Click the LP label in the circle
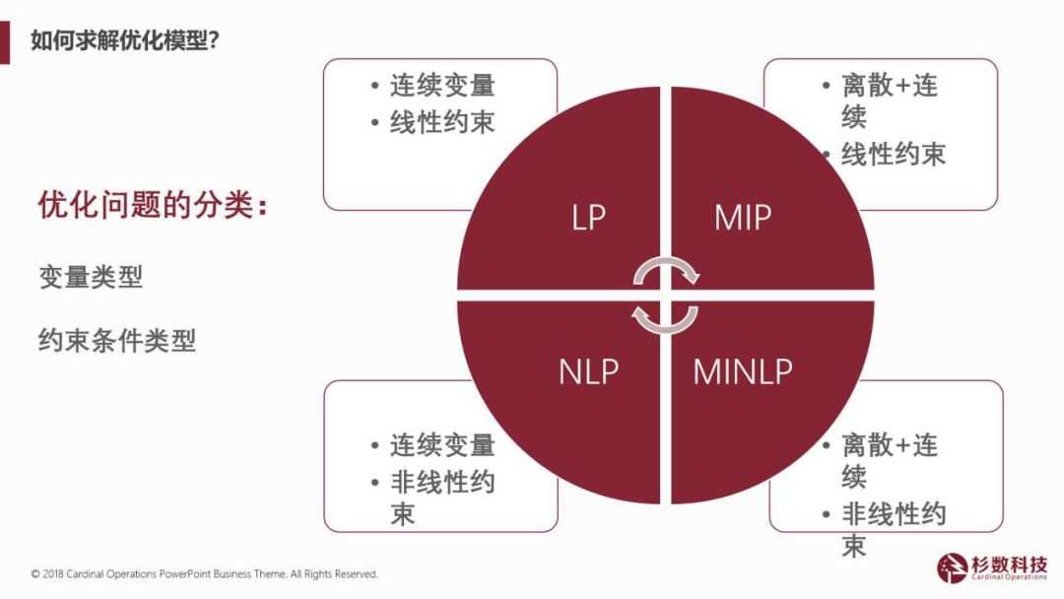click(x=588, y=218)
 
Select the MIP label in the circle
click(x=742, y=218)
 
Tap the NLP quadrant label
click(x=588, y=371)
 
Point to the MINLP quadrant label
click(x=743, y=371)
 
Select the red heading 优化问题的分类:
click(x=153, y=206)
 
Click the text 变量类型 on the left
click(x=91, y=277)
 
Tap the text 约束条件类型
click(x=117, y=340)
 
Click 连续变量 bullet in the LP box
click(x=441, y=86)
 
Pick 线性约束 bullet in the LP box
click(x=441, y=122)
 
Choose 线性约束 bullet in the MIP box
click(x=893, y=154)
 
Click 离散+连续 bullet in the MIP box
click(x=887, y=100)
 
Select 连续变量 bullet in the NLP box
click(x=441, y=445)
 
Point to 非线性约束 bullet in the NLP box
click(x=441, y=498)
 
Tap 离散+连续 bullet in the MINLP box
click(x=887, y=460)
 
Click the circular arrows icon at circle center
click(x=665, y=294)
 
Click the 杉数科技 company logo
click(x=992, y=566)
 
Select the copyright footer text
click(x=204, y=573)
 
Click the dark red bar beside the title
click(x=5, y=40)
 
